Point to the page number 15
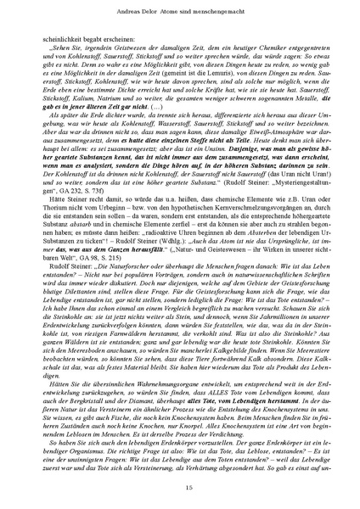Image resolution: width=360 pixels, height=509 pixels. [x=180, y=485]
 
